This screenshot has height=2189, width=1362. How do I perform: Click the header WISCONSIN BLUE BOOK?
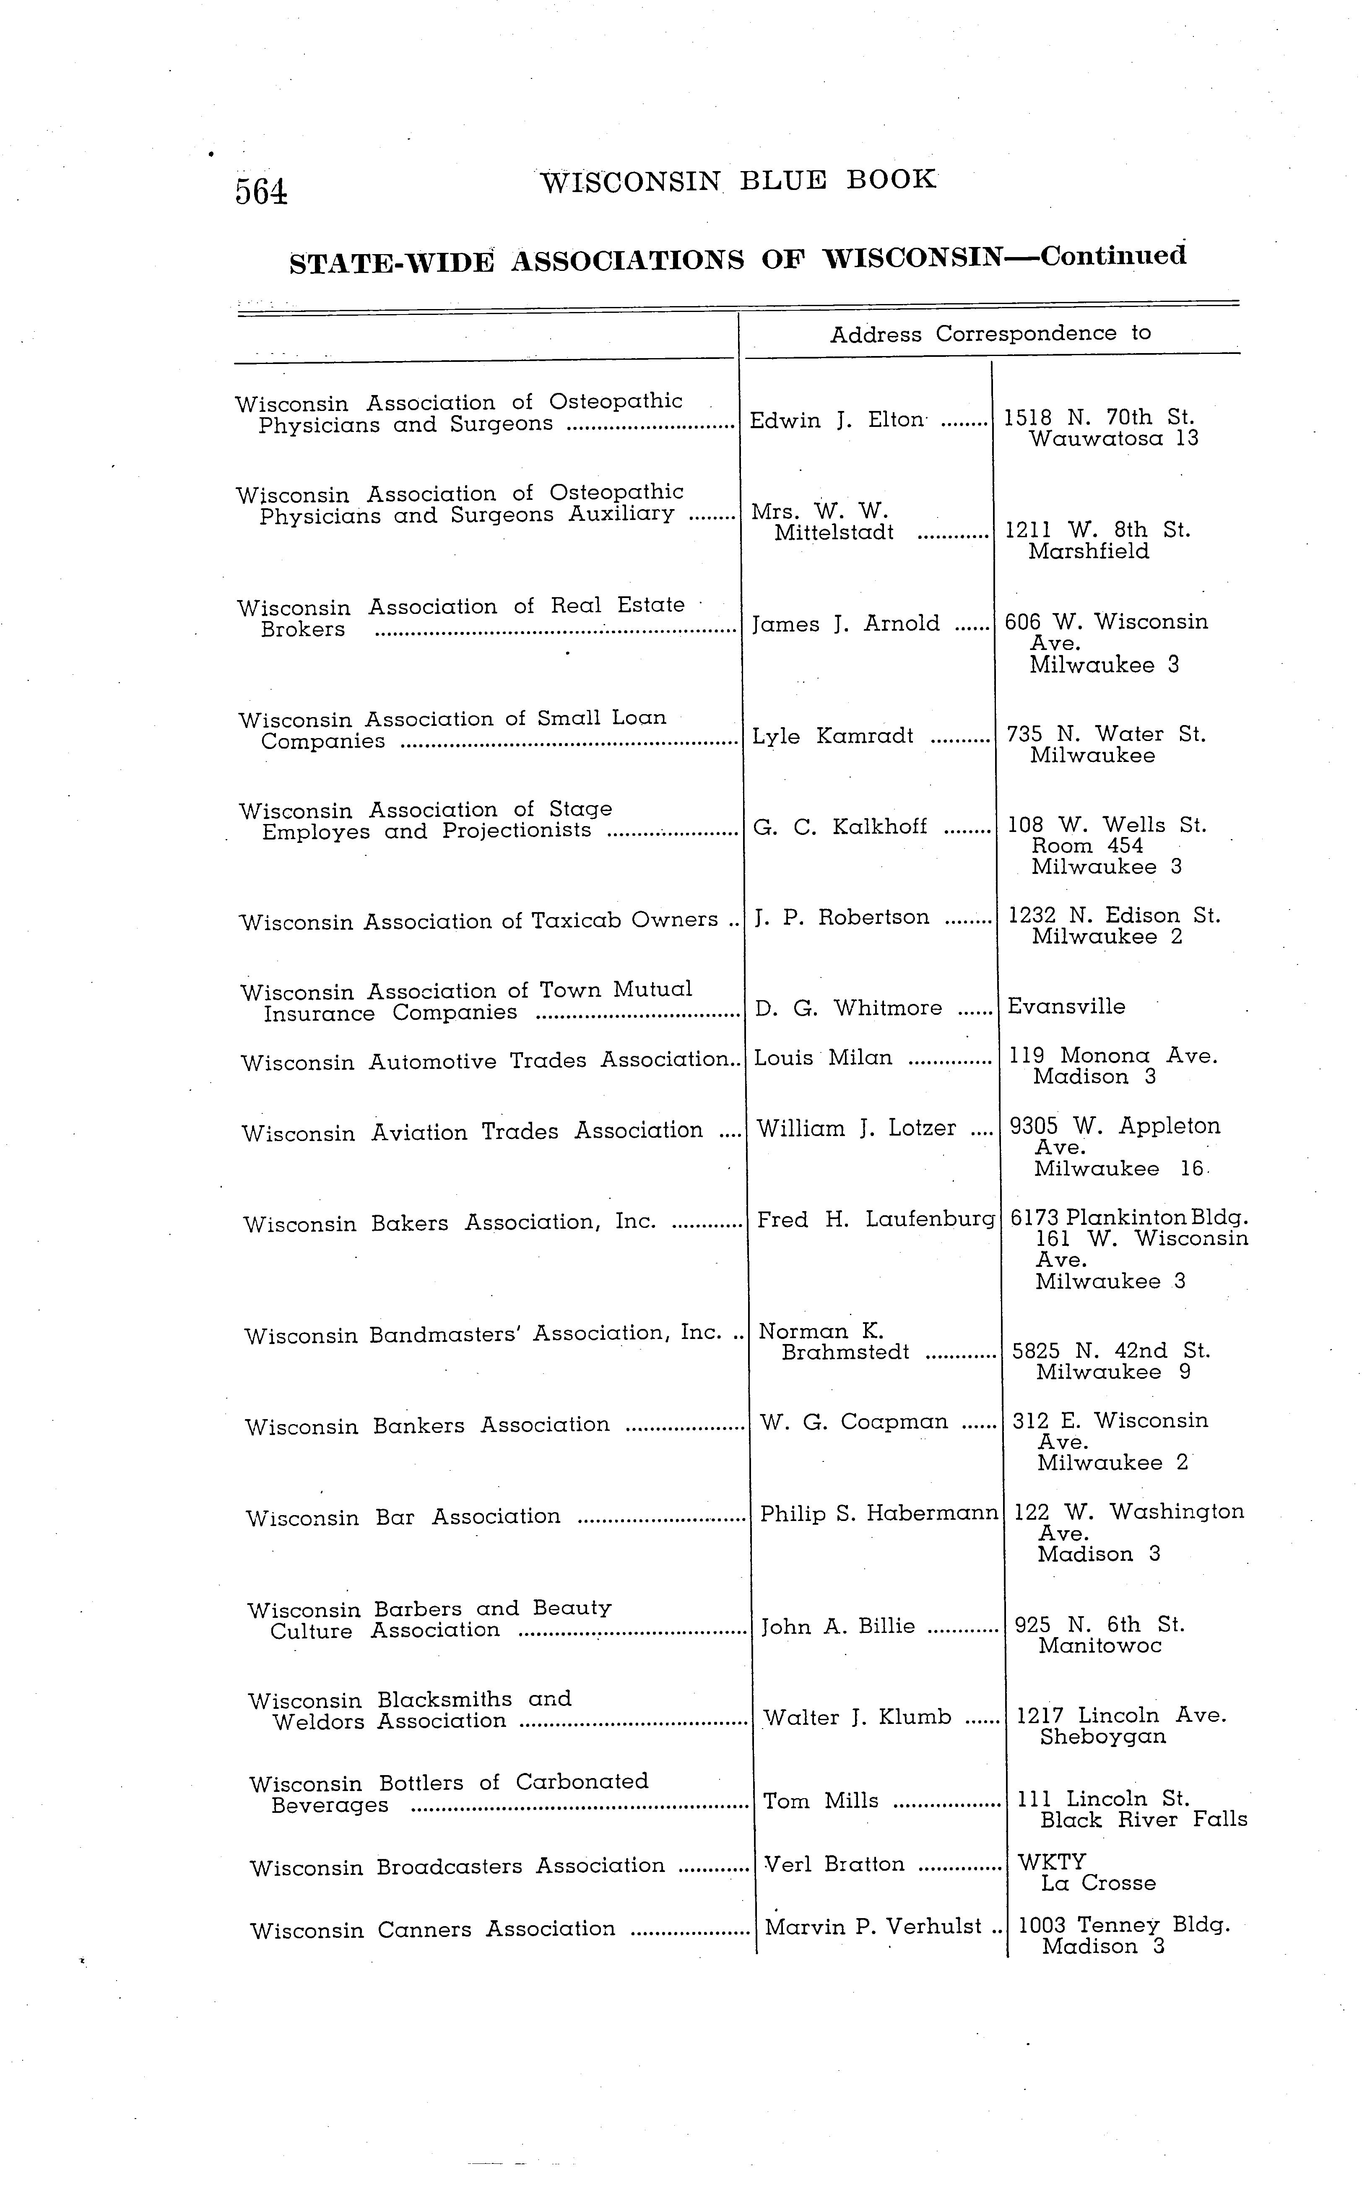(x=738, y=180)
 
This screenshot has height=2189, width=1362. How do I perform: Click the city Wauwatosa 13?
(x=1113, y=439)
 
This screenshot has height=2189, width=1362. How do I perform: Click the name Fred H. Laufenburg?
(x=876, y=1221)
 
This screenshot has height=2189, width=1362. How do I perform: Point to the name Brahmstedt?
(x=846, y=1353)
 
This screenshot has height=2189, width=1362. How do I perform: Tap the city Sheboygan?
(x=1102, y=1738)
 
